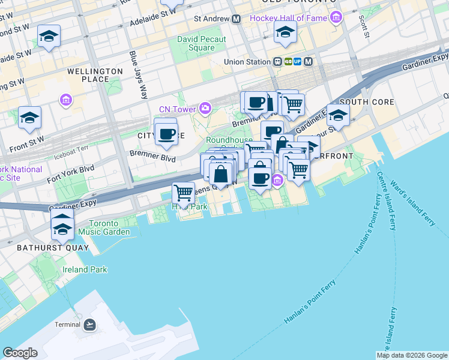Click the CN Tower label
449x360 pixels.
[x=178, y=109]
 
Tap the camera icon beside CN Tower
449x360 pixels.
[x=206, y=108]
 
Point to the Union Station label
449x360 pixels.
[x=247, y=61]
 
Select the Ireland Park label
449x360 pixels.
[x=83, y=269]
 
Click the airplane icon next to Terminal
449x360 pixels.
[x=89, y=325]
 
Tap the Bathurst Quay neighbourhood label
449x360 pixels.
[x=53, y=247]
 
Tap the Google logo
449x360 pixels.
[x=19, y=353]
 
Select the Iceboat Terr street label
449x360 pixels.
[x=71, y=147]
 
